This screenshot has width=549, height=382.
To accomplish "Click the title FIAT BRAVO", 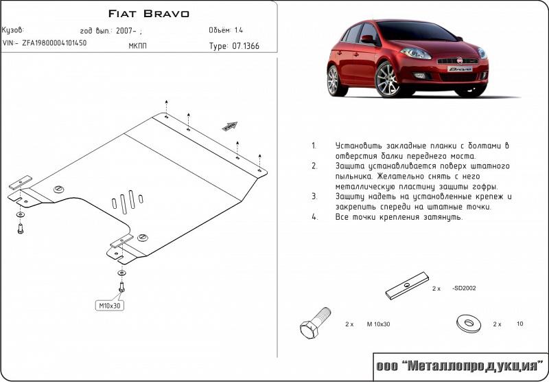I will (150, 14).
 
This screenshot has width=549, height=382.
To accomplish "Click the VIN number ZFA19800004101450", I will (55, 43).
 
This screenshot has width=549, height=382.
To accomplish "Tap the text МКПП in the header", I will (137, 47).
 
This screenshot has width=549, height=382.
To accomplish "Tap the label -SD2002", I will (464, 289).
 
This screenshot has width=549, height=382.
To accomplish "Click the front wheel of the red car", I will (386, 78).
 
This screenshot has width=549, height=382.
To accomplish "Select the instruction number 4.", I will (314, 217).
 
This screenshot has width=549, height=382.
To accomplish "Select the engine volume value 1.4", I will (238, 31).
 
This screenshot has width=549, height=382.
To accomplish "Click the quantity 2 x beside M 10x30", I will (349, 324).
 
